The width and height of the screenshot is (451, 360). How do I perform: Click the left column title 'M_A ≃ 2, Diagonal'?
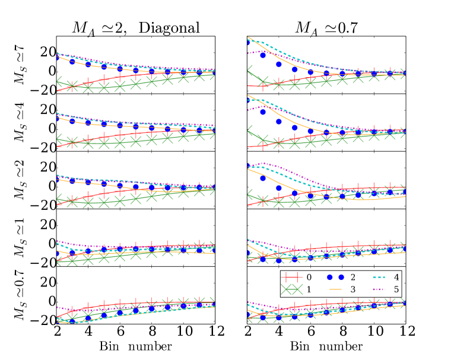132,27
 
